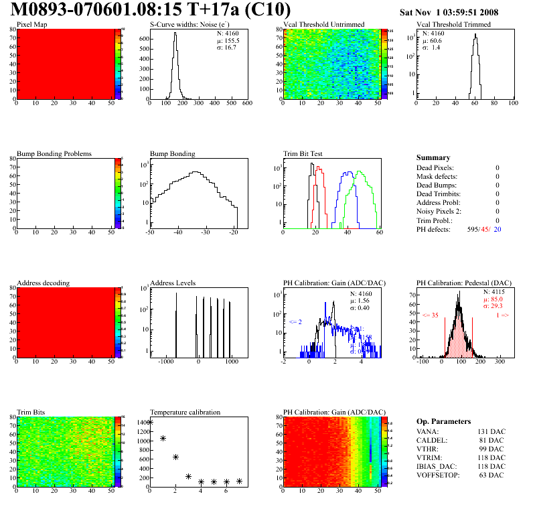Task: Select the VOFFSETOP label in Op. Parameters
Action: click(440, 475)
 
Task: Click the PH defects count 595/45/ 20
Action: click(485, 229)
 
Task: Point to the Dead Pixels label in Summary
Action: click(435, 168)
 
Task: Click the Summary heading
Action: click(433, 157)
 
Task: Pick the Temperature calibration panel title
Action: click(185, 413)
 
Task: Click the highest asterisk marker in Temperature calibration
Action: click(150, 422)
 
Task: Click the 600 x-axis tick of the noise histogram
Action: click(246, 103)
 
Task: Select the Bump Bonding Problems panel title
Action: click(54, 154)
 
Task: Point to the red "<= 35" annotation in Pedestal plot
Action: click(430, 315)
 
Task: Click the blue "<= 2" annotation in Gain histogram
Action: click(295, 322)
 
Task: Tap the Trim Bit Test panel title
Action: click(303, 154)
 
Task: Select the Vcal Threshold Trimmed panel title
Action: click(453, 25)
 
